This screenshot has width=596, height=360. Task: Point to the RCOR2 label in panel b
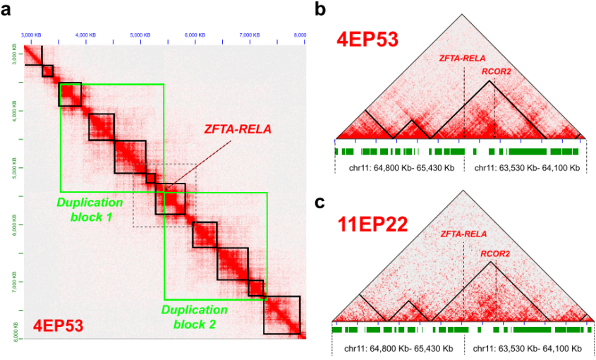point(496,71)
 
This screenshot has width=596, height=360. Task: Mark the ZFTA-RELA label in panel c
point(463,234)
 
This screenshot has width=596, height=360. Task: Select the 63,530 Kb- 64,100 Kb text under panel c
point(527,349)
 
